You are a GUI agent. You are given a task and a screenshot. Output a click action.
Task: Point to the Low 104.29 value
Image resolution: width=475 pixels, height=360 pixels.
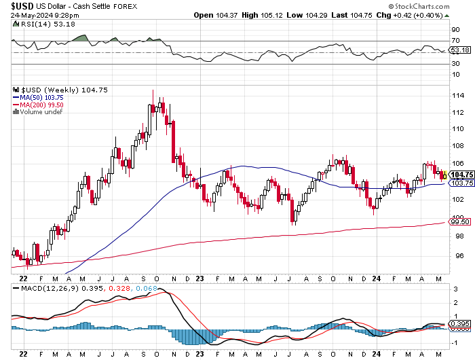[308, 15]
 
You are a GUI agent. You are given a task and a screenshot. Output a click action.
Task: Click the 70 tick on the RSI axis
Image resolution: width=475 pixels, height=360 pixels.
[455, 41]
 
